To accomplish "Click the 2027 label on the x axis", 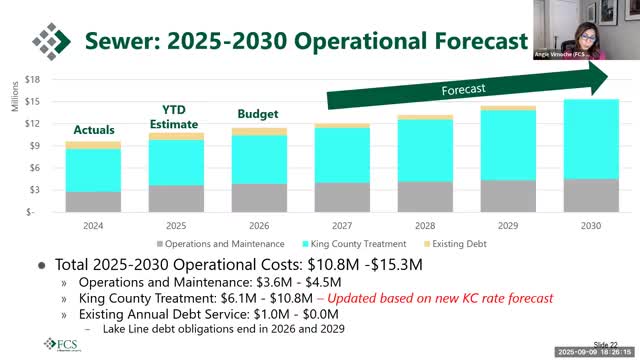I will [342, 226].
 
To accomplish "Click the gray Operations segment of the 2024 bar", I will [94, 201].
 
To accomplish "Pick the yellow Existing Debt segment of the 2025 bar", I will [176, 136].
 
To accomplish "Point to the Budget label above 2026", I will [258, 114].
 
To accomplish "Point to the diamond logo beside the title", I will [51, 41].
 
